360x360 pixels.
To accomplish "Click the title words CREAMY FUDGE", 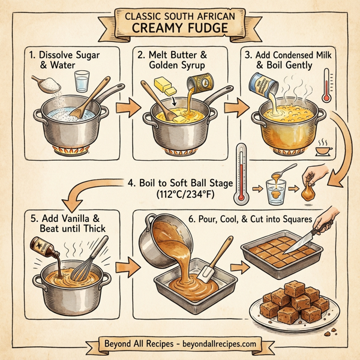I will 179,28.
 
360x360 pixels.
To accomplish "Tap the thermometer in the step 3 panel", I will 326,85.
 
